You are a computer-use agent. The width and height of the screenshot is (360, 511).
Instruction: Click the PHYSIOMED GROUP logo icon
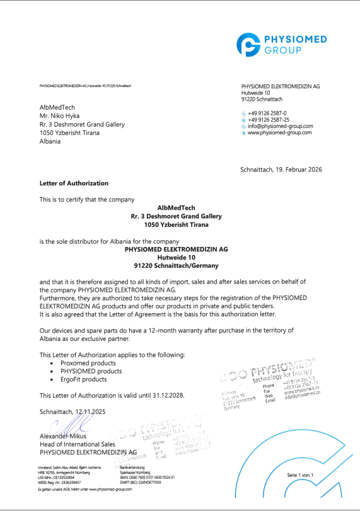pyautogui.click(x=251, y=45)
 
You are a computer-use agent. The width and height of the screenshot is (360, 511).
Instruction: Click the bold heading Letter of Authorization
pyautogui.click(x=74, y=183)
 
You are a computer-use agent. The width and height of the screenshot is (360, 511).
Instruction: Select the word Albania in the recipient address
pyautogui.click(x=50, y=141)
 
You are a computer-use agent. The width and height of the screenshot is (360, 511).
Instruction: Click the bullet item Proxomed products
pyautogui.click(x=88, y=363)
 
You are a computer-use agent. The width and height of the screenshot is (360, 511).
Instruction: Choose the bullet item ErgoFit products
pyautogui.click(x=84, y=380)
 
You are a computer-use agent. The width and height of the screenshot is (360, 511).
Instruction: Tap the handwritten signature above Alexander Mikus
pyautogui.click(x=54, y=427)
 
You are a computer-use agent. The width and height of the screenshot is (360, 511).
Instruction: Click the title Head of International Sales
pyautogui.click(x=79, y=444)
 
